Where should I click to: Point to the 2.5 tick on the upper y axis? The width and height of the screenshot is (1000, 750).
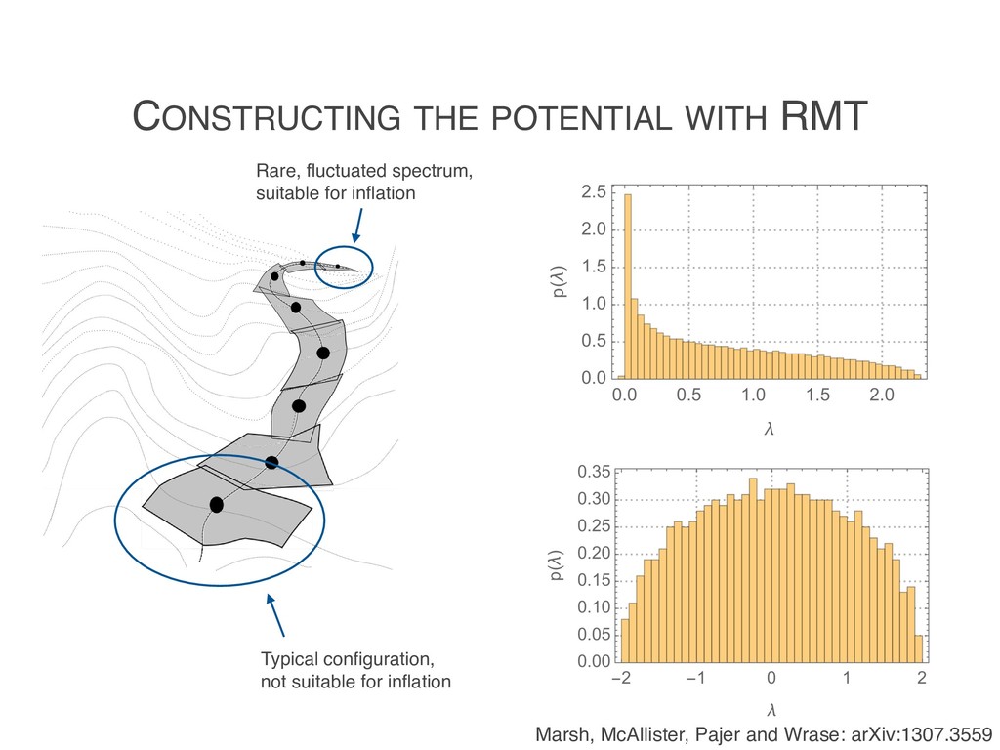click(592, 190)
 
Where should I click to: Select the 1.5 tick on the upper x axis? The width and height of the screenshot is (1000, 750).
click(817, 396)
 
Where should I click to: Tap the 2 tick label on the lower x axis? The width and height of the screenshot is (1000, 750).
click(921, 679)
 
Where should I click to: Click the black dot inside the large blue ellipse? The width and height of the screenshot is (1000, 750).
click(216, 505)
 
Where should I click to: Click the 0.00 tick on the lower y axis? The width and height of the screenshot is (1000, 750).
click(591, 663)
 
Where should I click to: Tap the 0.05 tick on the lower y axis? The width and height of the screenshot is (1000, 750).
click(591, 636)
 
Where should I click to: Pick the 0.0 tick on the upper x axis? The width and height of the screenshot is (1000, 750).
click(622, 396)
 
